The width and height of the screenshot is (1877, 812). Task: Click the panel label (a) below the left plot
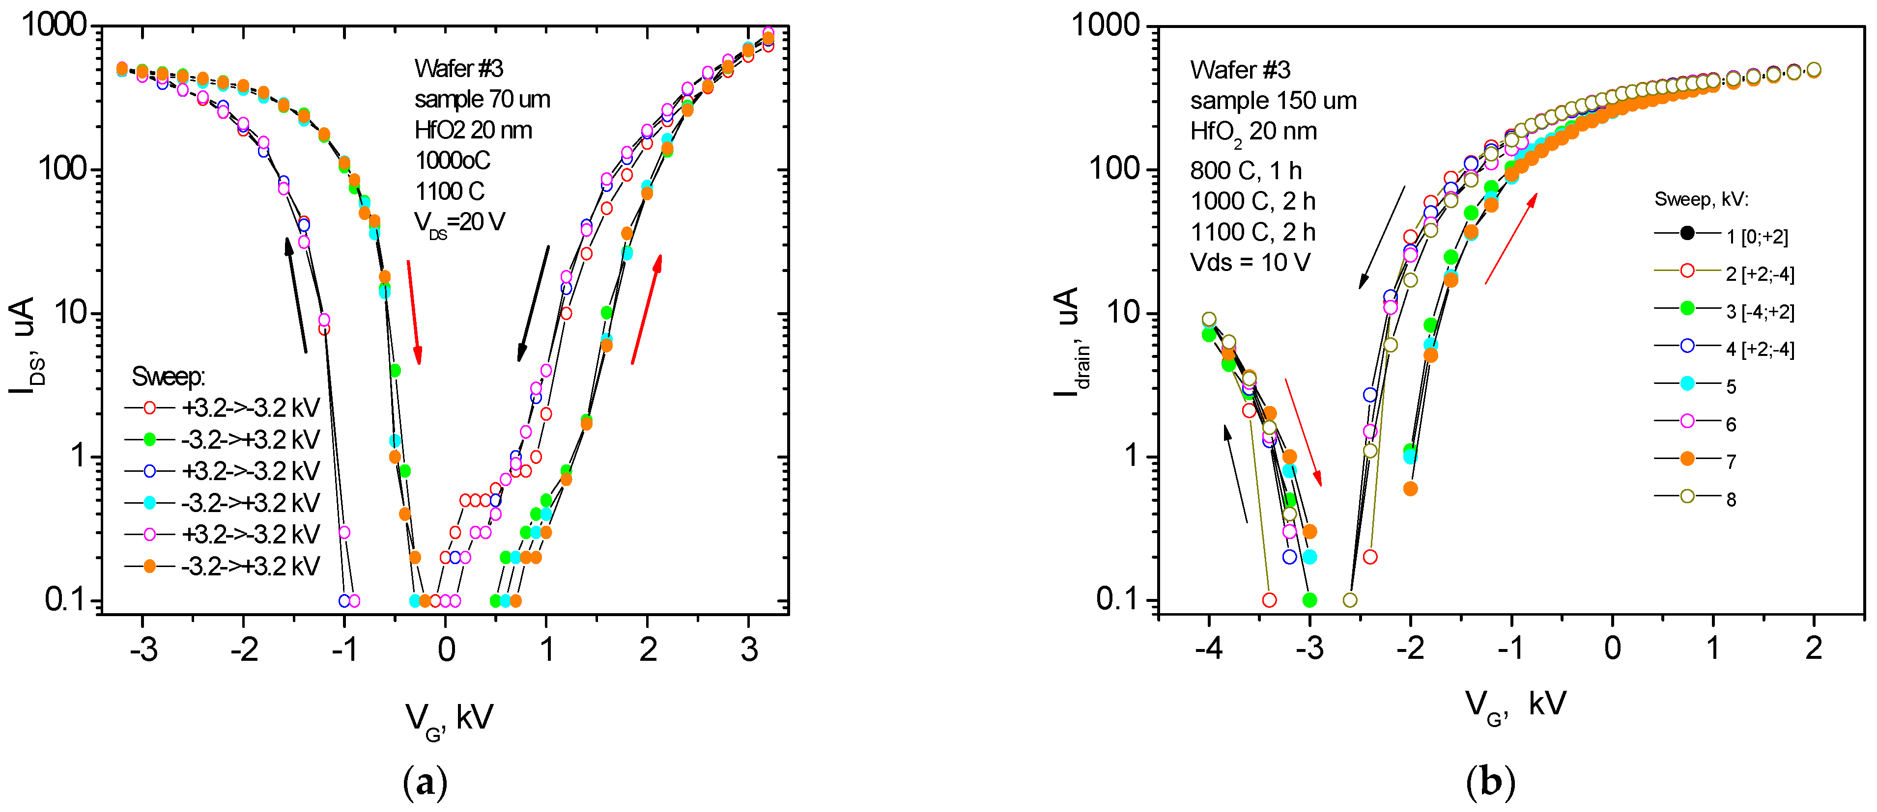click(x=425, y=783)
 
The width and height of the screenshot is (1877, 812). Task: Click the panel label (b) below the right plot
click(x=1490, y=783)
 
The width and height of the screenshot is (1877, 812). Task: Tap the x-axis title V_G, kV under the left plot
click(x=450, y=720)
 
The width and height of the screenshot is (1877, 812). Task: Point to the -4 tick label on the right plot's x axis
click(x=1208, y=648)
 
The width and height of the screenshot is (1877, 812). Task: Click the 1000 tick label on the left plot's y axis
click(x=55, y=26)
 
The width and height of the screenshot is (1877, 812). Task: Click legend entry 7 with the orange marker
click(x=1731, y=461)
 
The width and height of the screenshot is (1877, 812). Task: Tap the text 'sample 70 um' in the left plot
click(x=483, y=99)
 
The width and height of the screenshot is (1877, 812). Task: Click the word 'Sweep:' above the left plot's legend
click(x=169, y=377)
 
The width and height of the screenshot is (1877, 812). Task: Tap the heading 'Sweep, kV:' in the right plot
click(x=1702, y=199)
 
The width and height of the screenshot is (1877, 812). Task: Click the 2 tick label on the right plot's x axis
click(x=1814, y=648)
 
